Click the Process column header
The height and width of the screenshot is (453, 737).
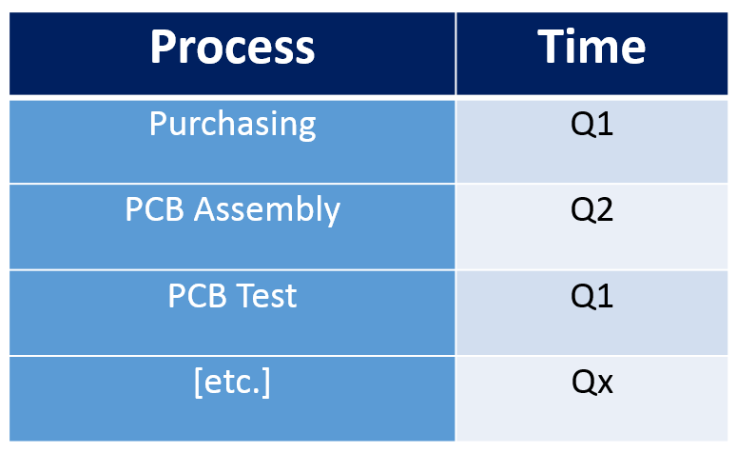pos(232,48)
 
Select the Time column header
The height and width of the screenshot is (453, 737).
pos(592,48)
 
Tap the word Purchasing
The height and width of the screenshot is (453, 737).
pos(232,124)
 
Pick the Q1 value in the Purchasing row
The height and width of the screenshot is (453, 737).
pos(592,125)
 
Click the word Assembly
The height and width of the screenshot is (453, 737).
pos(266,210)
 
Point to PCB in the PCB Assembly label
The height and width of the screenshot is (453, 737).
pos(155,209)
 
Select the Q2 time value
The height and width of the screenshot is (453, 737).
pos(592,210)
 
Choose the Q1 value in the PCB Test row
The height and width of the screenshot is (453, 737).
pos(592,296)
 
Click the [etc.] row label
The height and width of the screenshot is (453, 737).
pos(232,383)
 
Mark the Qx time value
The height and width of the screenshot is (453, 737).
pos(592,383)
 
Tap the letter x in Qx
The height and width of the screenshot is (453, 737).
pos(604,384)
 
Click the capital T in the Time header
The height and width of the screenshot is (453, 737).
pos(553,47)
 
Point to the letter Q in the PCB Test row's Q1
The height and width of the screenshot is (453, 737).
pos(582,297)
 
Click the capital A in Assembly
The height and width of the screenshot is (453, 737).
pos(204,209)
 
